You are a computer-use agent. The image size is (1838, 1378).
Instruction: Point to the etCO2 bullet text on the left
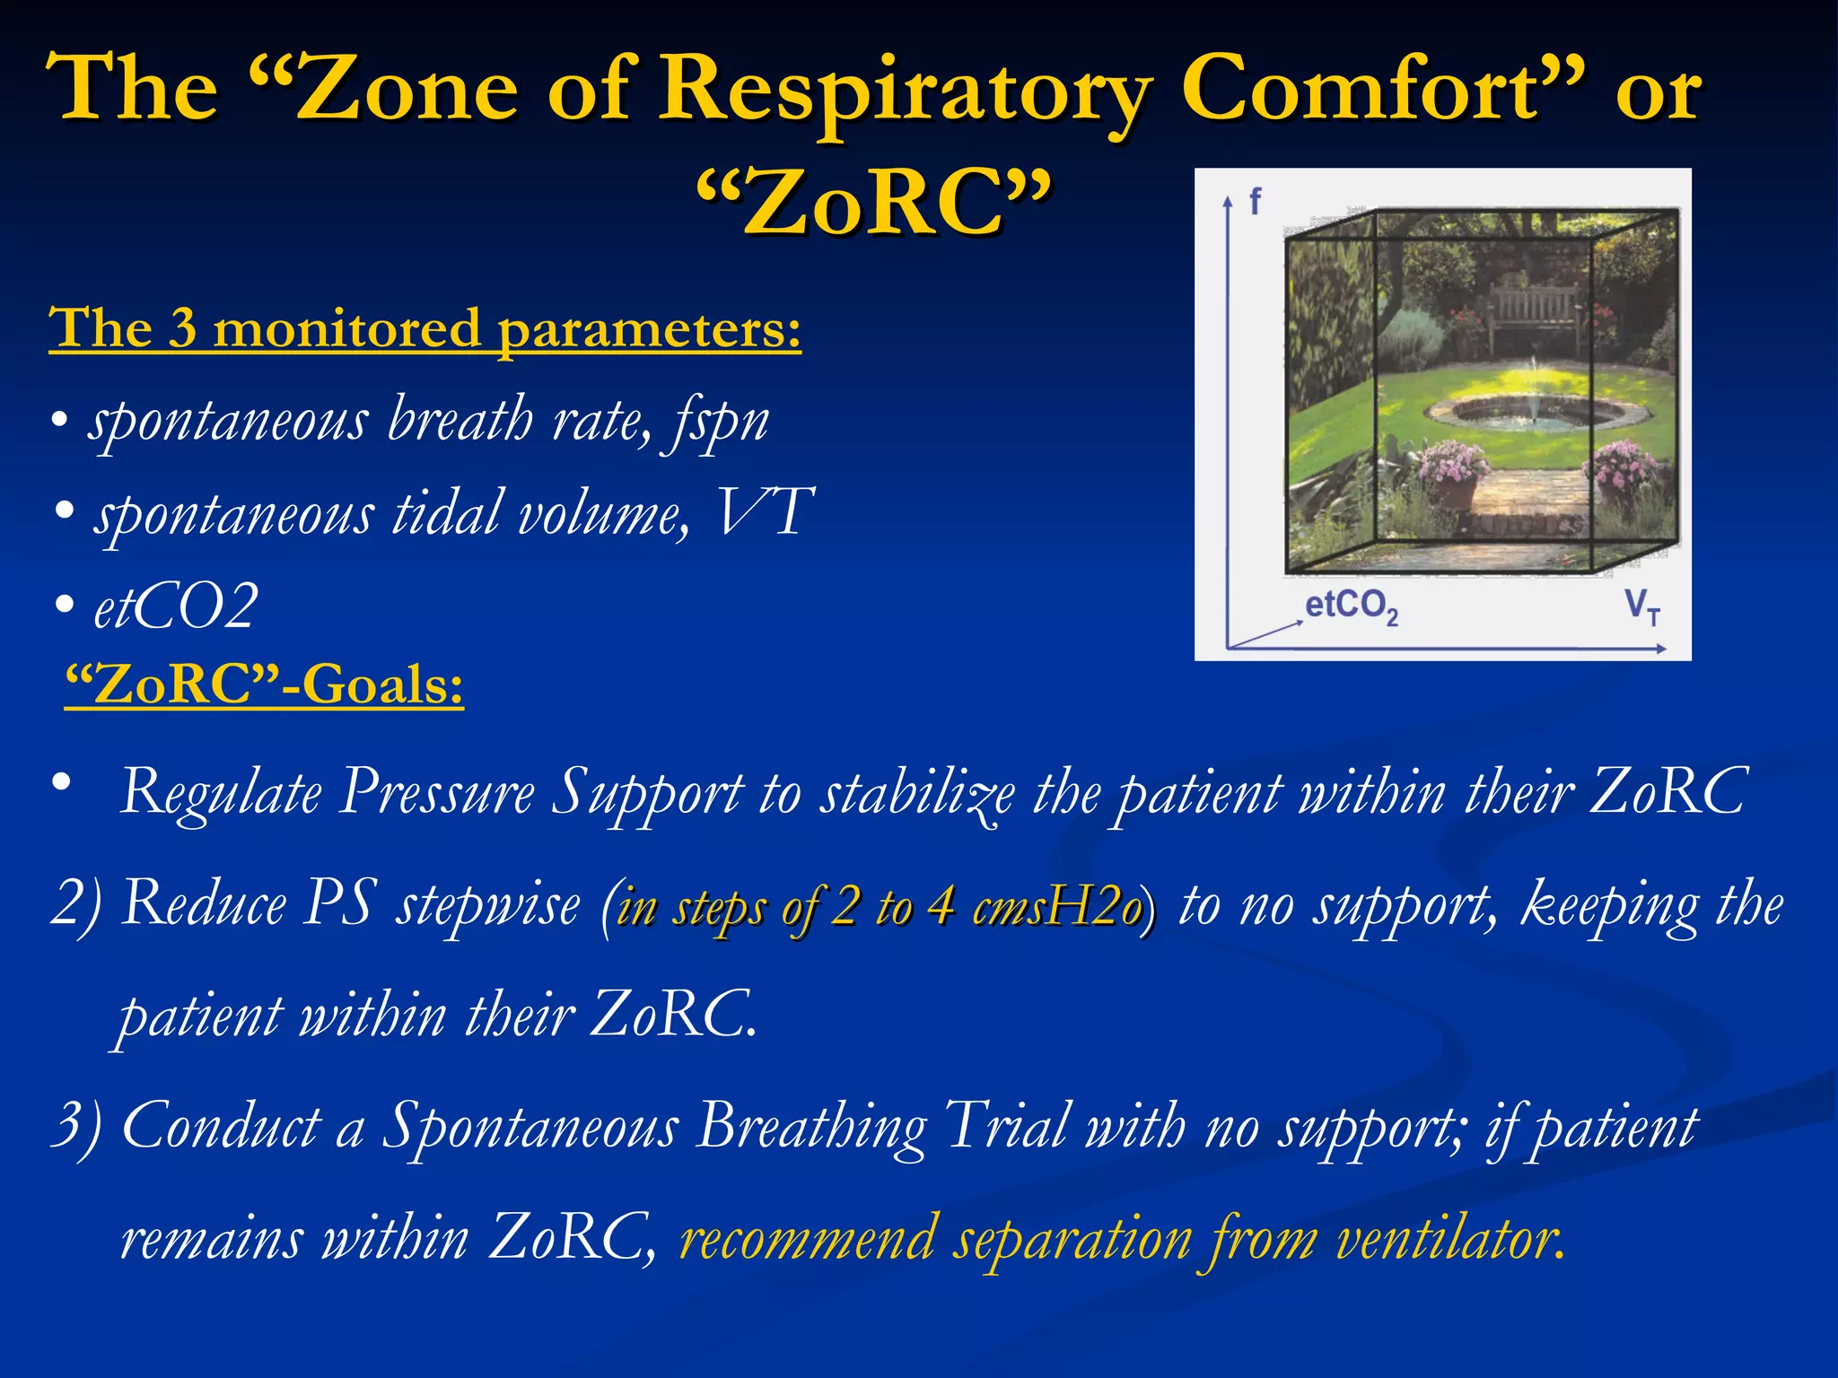click(176, 606)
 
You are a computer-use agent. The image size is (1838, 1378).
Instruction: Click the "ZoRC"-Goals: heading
click(265, 685)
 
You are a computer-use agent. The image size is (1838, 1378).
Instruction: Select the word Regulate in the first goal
click(221, 793)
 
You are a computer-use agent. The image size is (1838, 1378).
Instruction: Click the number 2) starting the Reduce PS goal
click(77, 904)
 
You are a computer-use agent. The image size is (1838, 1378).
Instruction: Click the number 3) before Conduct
click(77, 1127)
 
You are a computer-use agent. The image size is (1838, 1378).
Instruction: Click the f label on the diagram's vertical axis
click(1255, 201)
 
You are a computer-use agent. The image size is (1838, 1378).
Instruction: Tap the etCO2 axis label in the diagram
click(1351, 607)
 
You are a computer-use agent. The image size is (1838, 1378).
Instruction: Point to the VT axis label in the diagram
click(1642, 607)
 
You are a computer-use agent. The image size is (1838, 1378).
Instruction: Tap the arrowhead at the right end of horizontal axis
click(1662, 648)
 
